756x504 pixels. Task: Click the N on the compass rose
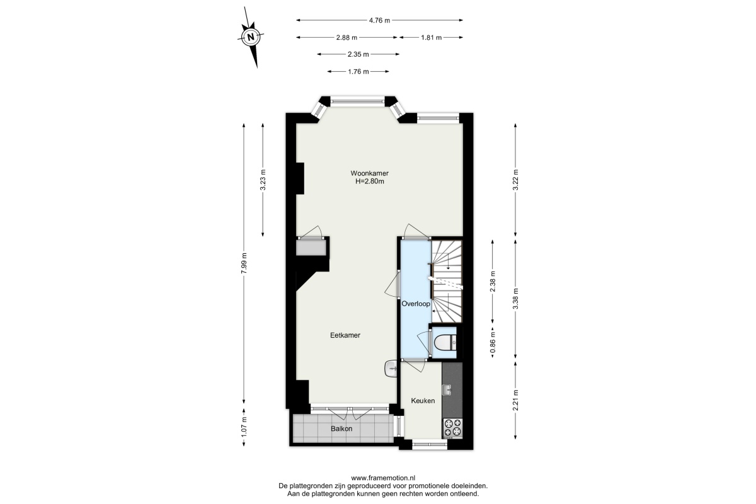tap(251, 37)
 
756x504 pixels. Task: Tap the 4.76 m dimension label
tap(379, 21)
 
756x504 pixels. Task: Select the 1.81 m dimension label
tap(431, 38)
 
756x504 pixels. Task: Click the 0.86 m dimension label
tap(493, 343)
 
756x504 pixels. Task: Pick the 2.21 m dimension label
tap(515, 400)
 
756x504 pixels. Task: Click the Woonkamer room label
tap(370, 173)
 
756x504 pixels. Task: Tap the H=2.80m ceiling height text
tap(370, 181)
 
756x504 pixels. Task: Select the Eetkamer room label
tap(345, 335)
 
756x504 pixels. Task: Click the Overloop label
tap(416, 304)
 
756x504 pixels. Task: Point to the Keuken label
tap(423, 401)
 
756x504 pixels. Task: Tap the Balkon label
tap(341, 429)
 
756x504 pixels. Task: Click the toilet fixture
tap(445, 343)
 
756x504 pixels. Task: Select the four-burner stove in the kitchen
tap(452, 428)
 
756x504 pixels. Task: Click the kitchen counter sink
tap(447, 389)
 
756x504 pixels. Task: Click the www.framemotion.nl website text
tap(383, 478)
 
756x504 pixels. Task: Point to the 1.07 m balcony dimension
tap(244, 428)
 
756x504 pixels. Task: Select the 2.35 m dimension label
tap(358, 54)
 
